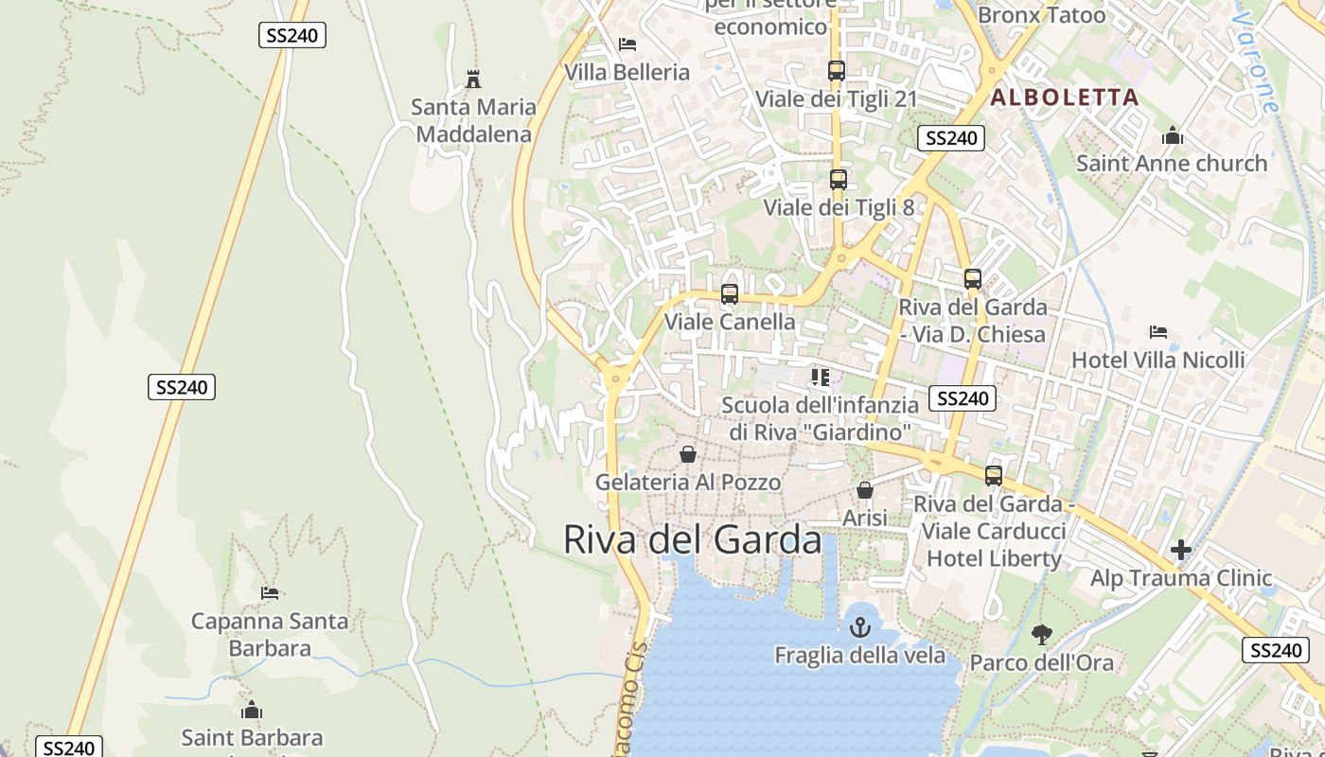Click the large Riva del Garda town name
click(x=692, y=539)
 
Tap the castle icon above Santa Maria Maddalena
click(x=473, y=79)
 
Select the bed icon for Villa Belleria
click(x=627, y=44)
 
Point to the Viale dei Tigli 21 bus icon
click(x=836, y=71)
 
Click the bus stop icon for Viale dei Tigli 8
click(x=838, y=179)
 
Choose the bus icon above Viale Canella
click(x=729, y=294)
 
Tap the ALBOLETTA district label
click(x=1065, y=97)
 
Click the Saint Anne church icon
click(x=1173, y=135)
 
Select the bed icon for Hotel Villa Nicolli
click(x=1157, y=332)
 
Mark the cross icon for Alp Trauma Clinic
click(x=1180, y=550)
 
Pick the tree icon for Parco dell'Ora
click(x=1041, y=634)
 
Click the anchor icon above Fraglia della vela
click(x=859, y=626)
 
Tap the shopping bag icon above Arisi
click(x=864, y=490)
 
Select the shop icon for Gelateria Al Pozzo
click(x=688, y=454)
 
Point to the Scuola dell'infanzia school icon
click(x=820, y=378)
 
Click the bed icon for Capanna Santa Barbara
click(x=270, y=593)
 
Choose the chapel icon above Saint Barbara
click(x=252, y=710)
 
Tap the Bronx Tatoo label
click(x=1041, y=15)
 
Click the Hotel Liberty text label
click(x=994, y=558)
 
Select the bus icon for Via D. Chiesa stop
click(x=972, y=279)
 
